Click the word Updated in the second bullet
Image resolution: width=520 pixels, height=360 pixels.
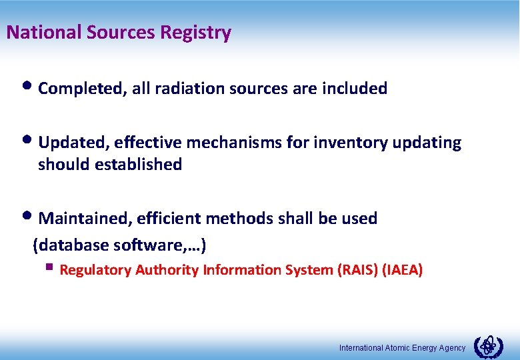[73, 143]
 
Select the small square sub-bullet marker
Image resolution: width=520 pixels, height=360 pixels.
[49, 269]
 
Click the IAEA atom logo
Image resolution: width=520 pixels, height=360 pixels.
[488, 346]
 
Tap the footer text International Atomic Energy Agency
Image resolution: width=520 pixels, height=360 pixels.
[402, 348]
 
